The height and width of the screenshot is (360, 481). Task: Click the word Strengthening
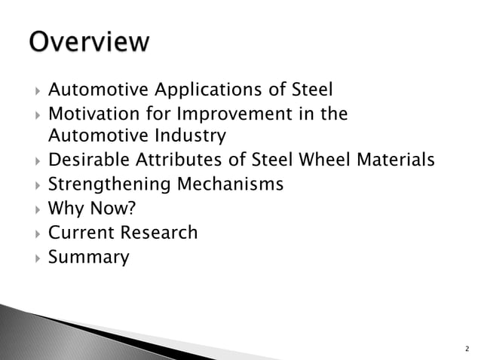[107, 185]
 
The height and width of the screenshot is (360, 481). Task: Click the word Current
[79, 233]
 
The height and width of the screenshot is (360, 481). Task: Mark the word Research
[158, 233]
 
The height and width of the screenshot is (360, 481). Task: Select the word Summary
[89, 258]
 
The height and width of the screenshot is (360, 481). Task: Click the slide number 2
[467, 349]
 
